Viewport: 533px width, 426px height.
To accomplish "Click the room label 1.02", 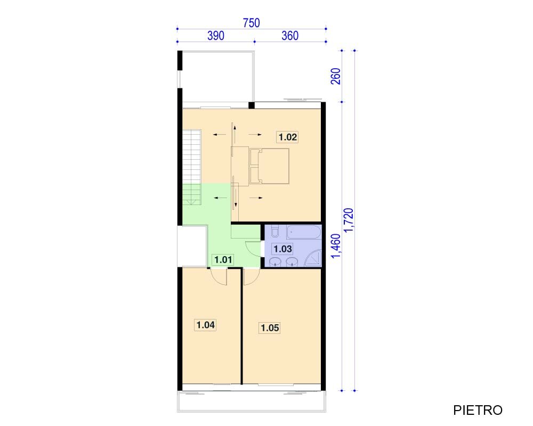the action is click(x=288, y=137).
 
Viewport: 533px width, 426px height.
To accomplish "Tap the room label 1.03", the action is click(x=282, y=249).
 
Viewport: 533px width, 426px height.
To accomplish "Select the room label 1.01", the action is click(x=223, y=260).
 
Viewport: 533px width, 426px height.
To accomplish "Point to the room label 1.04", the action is click(x=205, y=325).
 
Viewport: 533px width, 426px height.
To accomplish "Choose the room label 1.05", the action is click(x=270, y=328).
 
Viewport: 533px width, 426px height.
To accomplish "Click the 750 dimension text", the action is click(x=251, y=23).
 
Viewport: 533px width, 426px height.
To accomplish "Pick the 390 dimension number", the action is click(x=216, y=36).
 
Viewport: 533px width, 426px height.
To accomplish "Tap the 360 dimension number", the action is click(x=290, y=36).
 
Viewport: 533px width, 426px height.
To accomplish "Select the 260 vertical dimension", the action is click(x=335, y=77).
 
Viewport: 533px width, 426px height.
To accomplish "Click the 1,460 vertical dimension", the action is click(x=335, y=246).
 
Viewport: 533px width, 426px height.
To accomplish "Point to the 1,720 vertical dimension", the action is click(x=349, y=220).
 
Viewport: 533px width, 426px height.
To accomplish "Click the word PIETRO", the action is click(x=478, y=411).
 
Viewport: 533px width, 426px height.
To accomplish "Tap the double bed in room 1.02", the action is click(x=270, y=166).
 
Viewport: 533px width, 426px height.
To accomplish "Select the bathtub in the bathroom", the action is click(x=304, y=233).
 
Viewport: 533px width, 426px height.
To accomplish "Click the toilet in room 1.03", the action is click(x=276, y=231).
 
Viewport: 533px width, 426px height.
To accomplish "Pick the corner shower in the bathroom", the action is click(x=313, y=258).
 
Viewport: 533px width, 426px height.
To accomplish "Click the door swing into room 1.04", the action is click(x=219, y=277).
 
